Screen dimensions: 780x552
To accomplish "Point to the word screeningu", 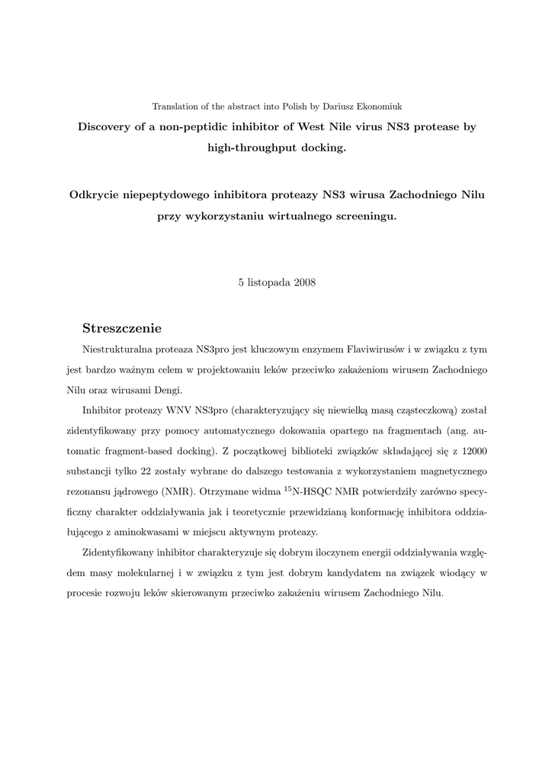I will [361, 216].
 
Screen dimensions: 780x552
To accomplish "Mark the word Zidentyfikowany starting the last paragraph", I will [120, 552].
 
